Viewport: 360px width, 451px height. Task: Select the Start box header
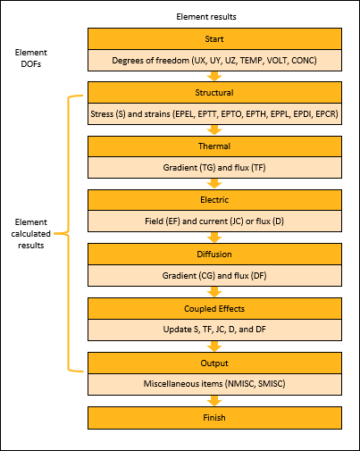point(213,39)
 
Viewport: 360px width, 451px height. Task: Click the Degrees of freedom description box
point(213,60)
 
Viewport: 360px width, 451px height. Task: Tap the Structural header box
point(213,93)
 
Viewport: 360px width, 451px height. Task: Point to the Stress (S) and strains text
point(213,114)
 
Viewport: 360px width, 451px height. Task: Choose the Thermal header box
point(213,146)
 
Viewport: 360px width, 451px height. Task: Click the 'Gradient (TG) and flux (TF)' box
point(213,168)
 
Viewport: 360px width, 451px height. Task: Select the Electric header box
point(213,200)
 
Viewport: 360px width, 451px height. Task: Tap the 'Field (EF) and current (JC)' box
point(213,221)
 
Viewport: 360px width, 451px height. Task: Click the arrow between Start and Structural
point(213,76)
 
